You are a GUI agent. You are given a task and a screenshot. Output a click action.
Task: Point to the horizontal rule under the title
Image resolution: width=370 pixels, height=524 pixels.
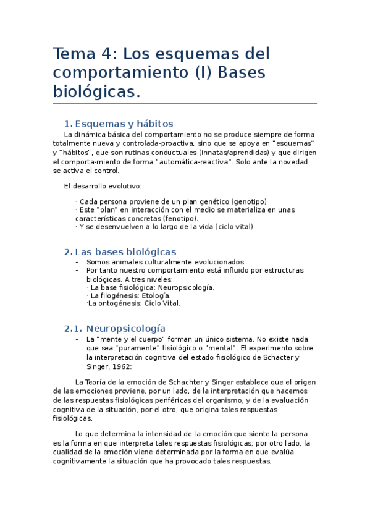click(185, 103)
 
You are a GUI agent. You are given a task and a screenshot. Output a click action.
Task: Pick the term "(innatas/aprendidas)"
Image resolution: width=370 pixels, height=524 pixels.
click(231, 152)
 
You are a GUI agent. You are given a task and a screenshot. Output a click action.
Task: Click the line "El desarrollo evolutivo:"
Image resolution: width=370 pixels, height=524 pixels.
click(103, 186)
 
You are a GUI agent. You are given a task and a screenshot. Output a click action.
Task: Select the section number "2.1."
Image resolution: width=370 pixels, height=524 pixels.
click(73, 329)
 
